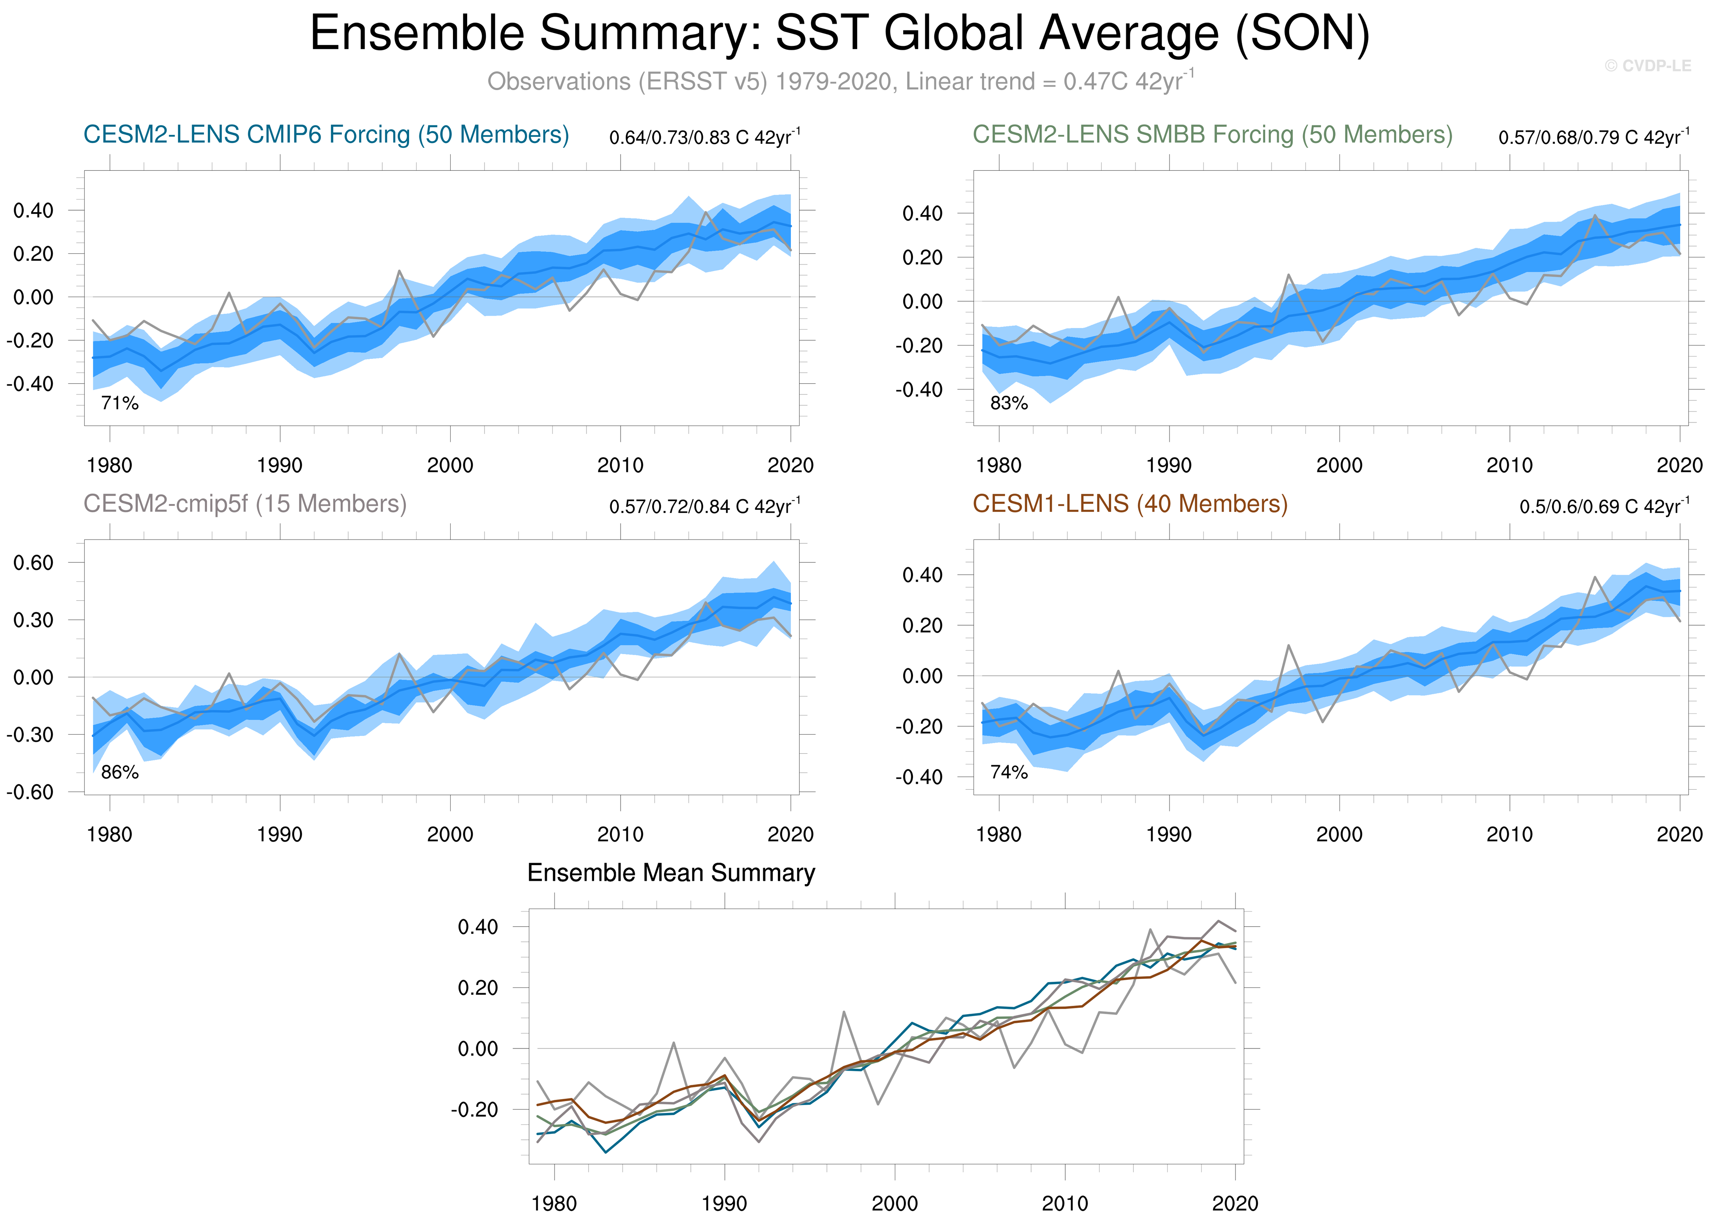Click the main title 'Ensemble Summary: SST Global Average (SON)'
point(839,34)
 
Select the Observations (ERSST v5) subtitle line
point(839,81)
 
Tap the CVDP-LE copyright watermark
point(1648,66)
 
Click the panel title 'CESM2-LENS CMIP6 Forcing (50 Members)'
point(326,135)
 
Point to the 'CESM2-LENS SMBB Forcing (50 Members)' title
point(1212,135)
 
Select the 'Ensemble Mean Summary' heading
point(671,873)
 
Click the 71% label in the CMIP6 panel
point(120,403)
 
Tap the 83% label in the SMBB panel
point(1009,403)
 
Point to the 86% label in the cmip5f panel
point(120,773)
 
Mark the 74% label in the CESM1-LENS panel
point(1009,773)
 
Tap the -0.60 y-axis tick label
point(30,792)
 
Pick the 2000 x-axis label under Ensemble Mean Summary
point(895,1204)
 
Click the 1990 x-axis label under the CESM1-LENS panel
point(1169,834)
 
